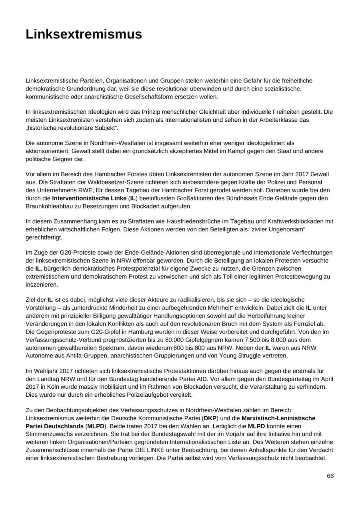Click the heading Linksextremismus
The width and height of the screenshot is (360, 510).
[84, 34]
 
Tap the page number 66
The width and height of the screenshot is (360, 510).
[330, 476]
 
